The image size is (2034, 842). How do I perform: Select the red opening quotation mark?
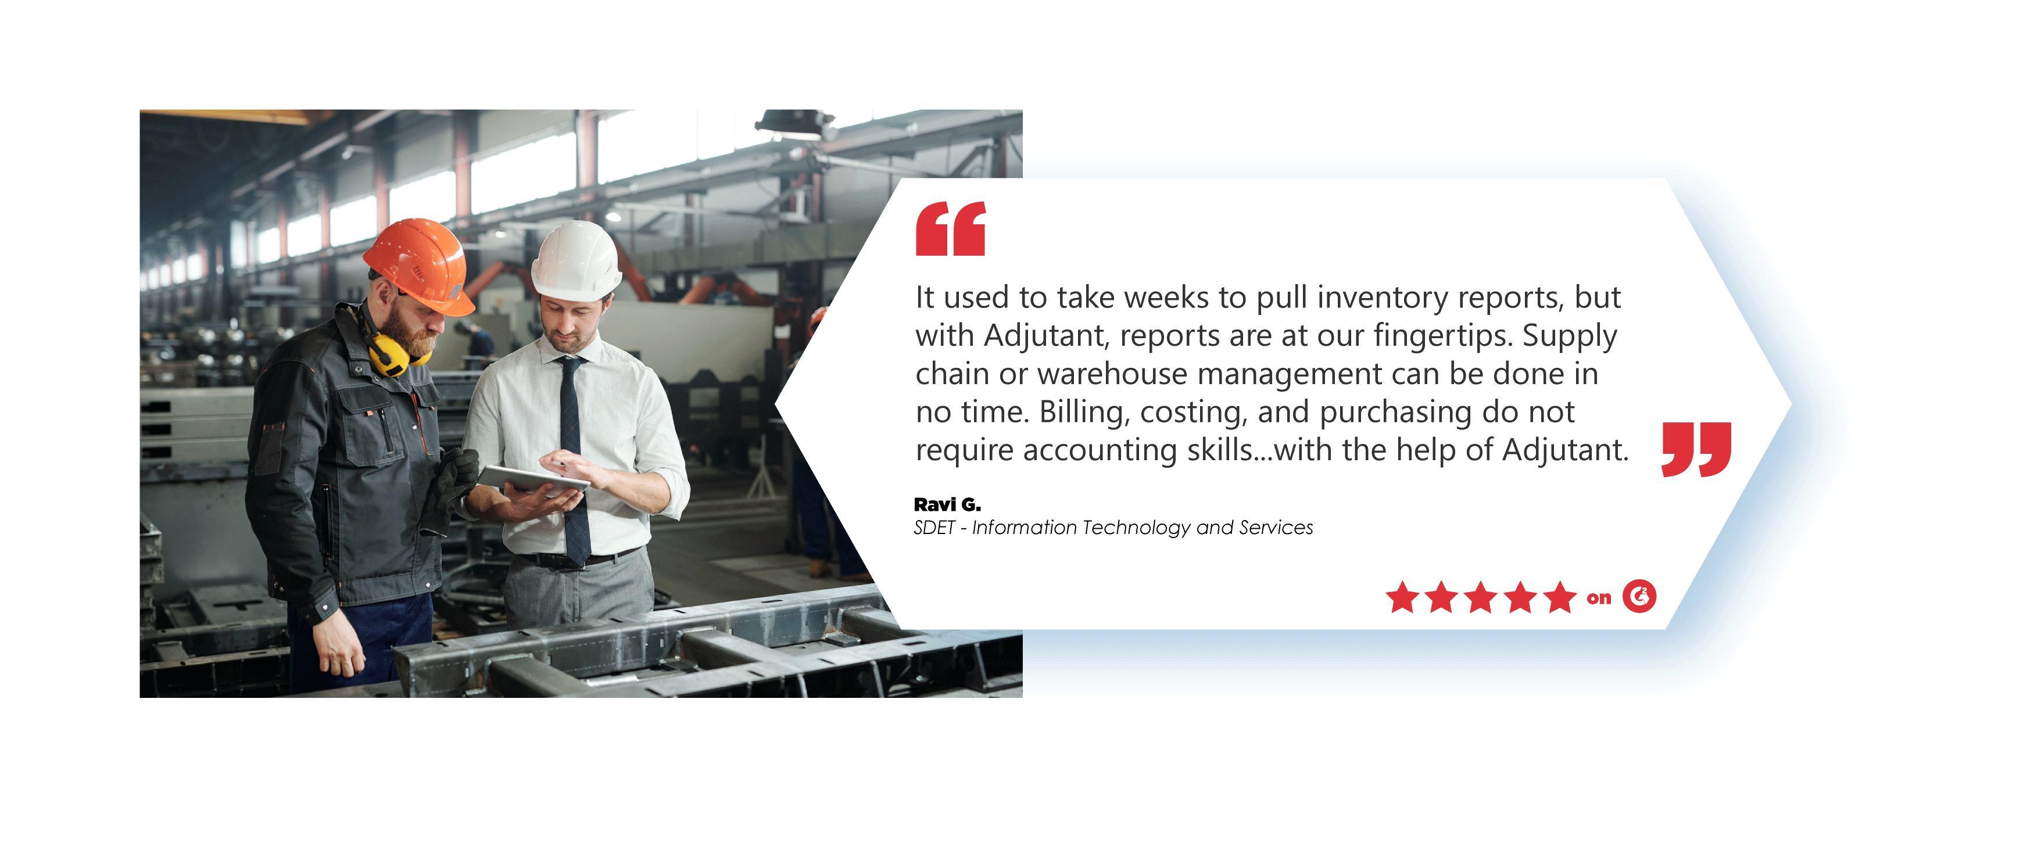click(x=951, y=228)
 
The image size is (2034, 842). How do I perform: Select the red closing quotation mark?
click(x=1696, y=449)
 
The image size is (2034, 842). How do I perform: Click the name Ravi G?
click(x=947, y=504)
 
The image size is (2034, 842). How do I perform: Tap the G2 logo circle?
click(x=1639, y=596)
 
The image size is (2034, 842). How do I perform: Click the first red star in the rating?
click(x=1402, y=597)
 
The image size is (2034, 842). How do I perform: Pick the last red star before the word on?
click(x=1559, y=597)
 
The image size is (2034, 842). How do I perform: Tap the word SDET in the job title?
click(x=934, y=528)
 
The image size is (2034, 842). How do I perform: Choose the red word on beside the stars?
click(x=1599, y=599)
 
